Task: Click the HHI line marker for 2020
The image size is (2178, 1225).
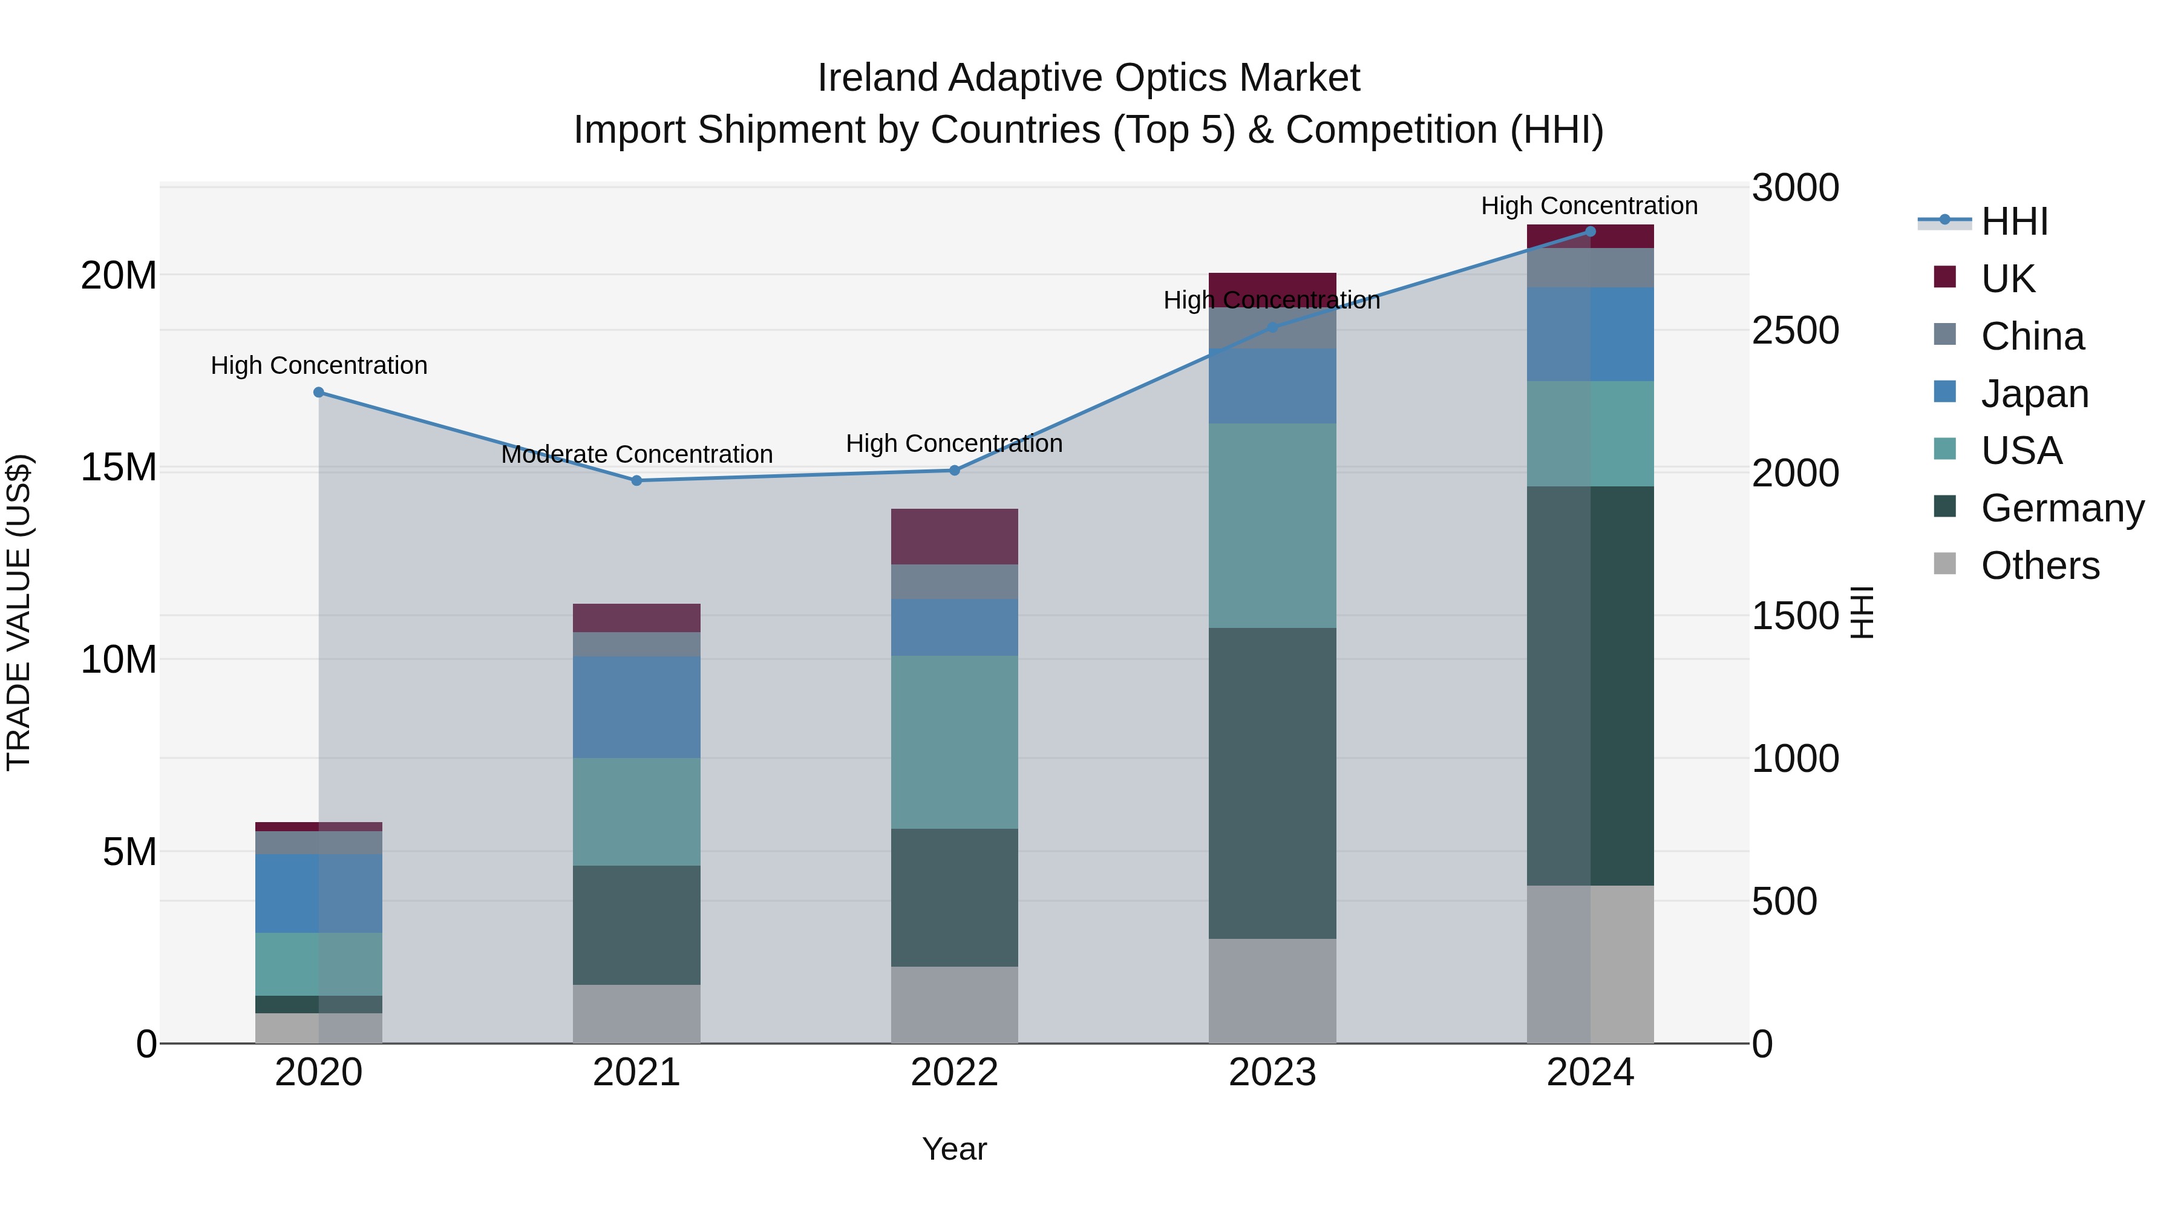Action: coord(319,392)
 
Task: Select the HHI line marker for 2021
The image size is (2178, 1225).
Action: coord(636,481)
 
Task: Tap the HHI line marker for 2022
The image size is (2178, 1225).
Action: coord(955,470)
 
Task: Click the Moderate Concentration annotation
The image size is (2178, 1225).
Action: coord(636,455)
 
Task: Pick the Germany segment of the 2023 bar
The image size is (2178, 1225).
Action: coord(1272,783)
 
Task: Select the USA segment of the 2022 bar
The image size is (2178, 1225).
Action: coord(955,742)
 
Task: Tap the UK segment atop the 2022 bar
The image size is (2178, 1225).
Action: coord(955,537)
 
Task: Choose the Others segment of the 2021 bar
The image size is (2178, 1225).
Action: coord(636,1014)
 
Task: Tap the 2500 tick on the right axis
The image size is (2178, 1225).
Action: coord(1794,330)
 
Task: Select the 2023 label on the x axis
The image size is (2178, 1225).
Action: coord(1272,1073)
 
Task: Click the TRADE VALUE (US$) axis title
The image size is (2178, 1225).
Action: coord(19,612)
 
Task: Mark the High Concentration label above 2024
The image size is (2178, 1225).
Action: coord(1589,206)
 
